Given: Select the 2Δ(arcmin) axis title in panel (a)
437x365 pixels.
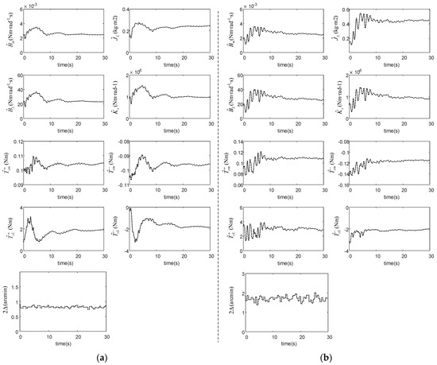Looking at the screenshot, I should [x=7, y=297].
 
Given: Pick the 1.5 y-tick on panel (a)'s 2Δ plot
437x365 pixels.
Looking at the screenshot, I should [x=17, y=282].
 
